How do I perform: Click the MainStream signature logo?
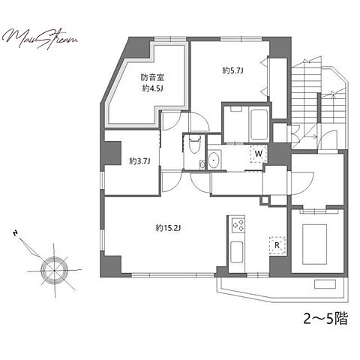40,39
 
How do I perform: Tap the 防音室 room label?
152,77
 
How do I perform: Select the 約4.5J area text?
152,88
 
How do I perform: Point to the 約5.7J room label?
233,71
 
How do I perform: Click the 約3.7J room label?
139,161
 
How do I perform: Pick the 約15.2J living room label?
168,228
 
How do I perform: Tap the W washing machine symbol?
259,154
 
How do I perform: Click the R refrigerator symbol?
277,245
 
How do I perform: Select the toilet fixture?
195,144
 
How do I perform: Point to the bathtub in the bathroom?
259,124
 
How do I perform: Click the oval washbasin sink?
214,160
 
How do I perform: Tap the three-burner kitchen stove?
238,225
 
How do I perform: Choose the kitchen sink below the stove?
236,252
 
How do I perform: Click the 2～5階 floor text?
325,319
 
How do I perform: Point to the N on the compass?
16,234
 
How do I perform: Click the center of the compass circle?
54,270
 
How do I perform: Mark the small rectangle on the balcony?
325,284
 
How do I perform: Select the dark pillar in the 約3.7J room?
112,153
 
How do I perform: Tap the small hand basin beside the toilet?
202,164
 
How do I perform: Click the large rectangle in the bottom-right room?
315,244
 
